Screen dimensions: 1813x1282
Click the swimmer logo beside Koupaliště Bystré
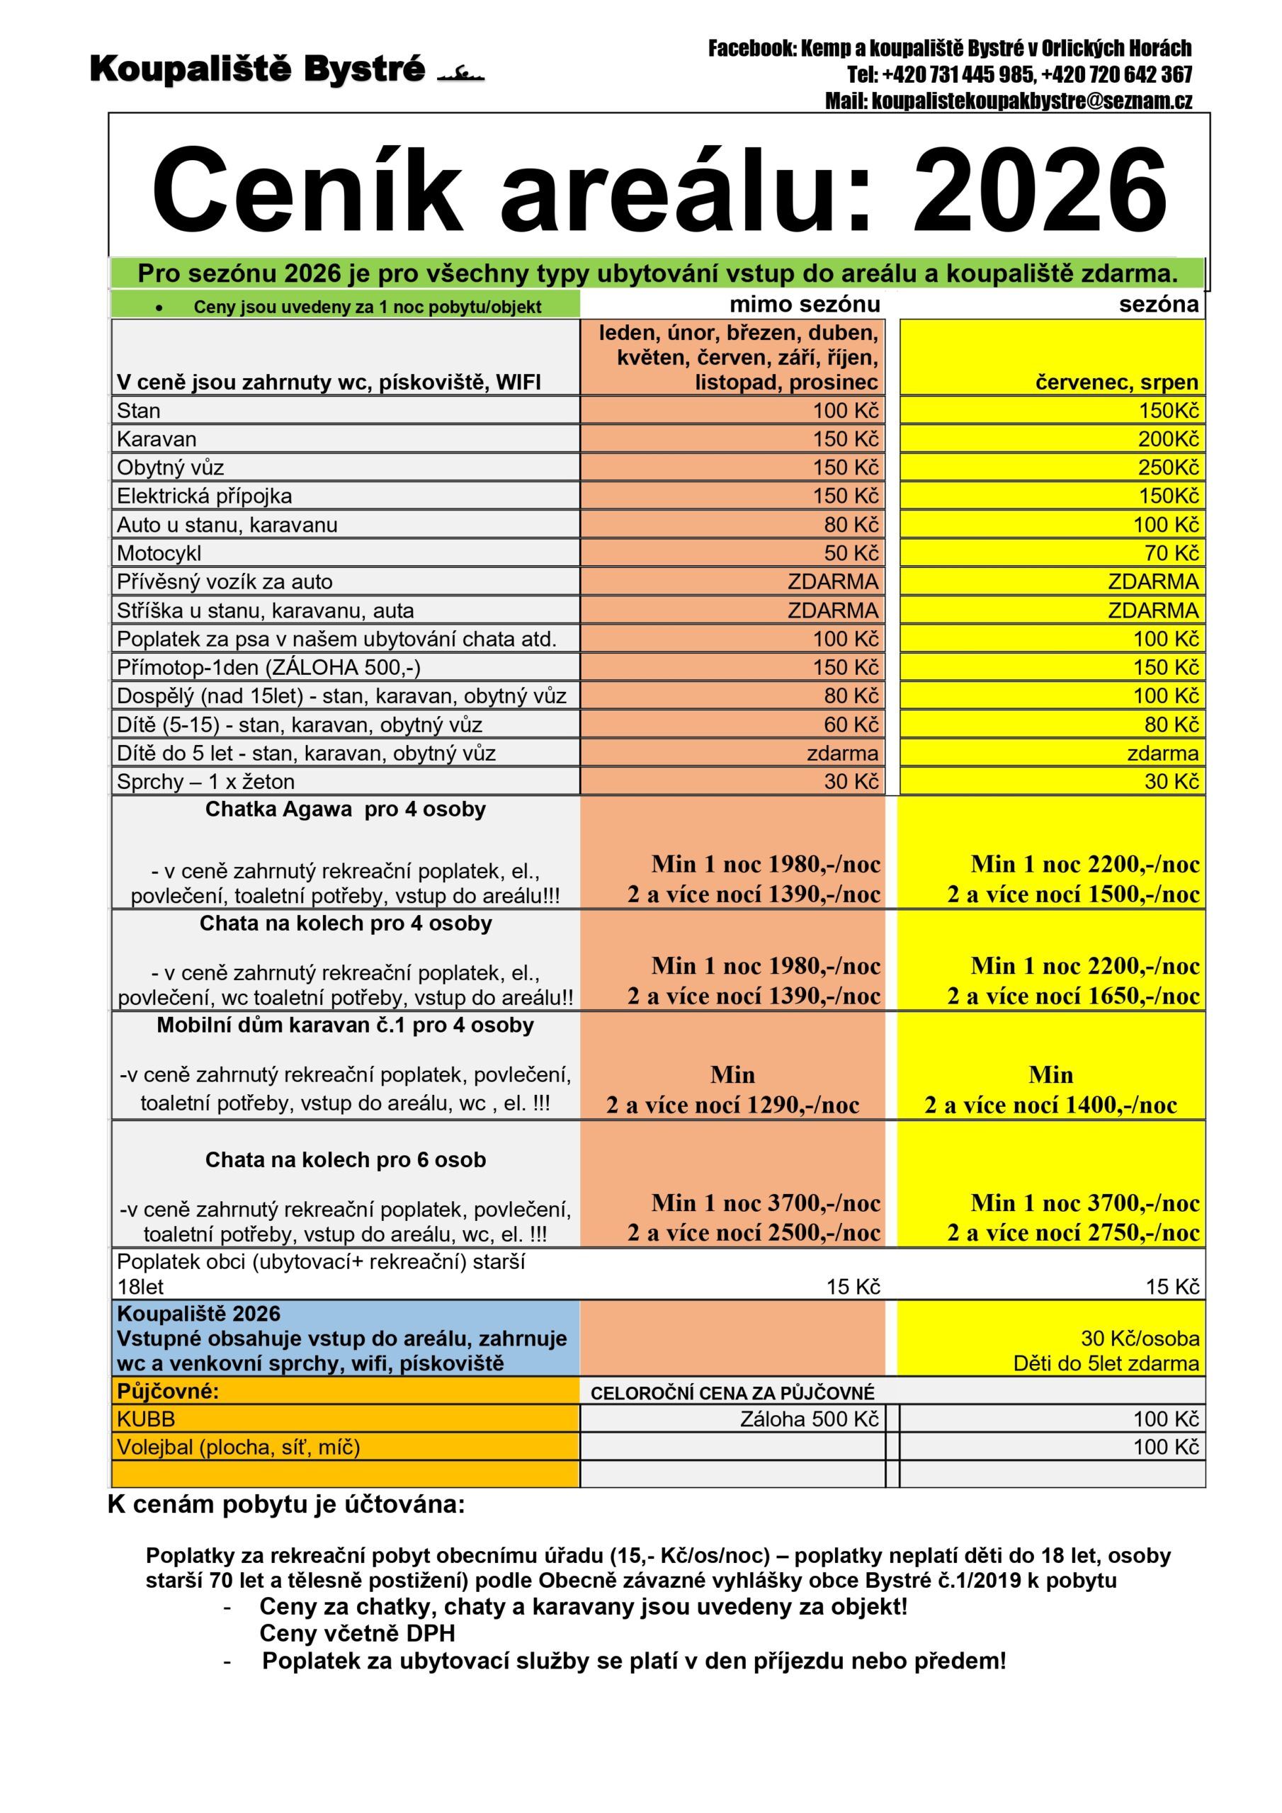(460, 74)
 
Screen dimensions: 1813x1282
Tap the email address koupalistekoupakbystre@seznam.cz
(1008, 101)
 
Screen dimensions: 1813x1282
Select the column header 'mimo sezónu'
(803, 304)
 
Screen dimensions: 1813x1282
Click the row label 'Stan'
(139, 411)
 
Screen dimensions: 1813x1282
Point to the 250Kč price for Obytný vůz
(1167, 467)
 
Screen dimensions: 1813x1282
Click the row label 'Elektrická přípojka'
(205, 496)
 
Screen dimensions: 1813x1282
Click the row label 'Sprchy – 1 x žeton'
(205, 781)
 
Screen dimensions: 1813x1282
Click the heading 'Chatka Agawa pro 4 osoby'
(345, 809)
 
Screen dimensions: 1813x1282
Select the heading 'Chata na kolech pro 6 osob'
(345, 1159)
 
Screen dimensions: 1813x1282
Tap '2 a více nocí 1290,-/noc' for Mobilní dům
(732, 1104)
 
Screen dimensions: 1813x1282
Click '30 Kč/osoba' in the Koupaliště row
(1139, 1339)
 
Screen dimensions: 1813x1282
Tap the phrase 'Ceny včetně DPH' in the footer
(357, 1633)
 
